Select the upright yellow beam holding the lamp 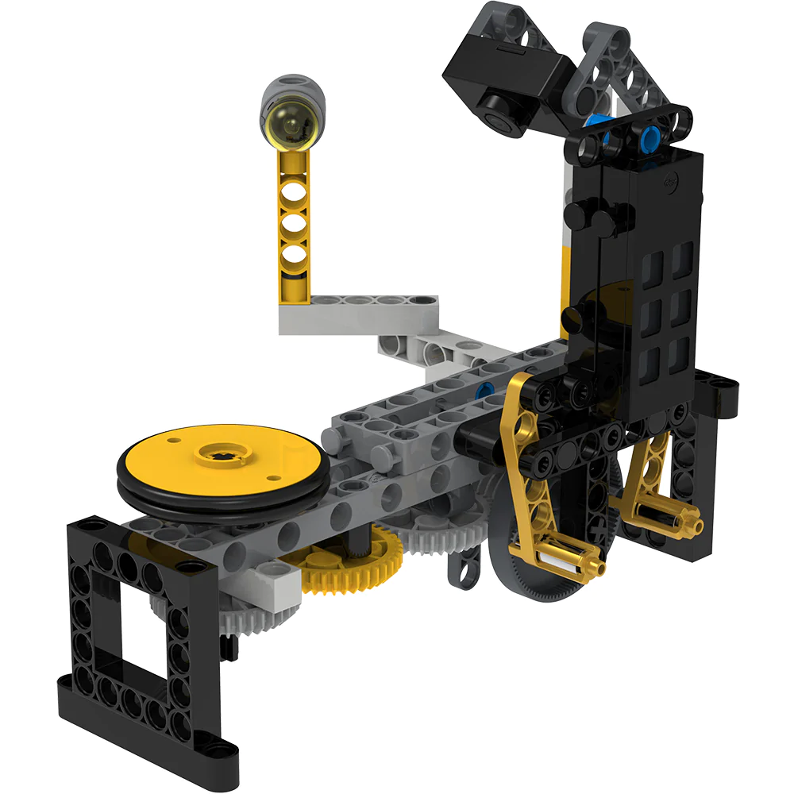pos(294,230)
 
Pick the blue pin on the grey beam pos(481,389)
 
